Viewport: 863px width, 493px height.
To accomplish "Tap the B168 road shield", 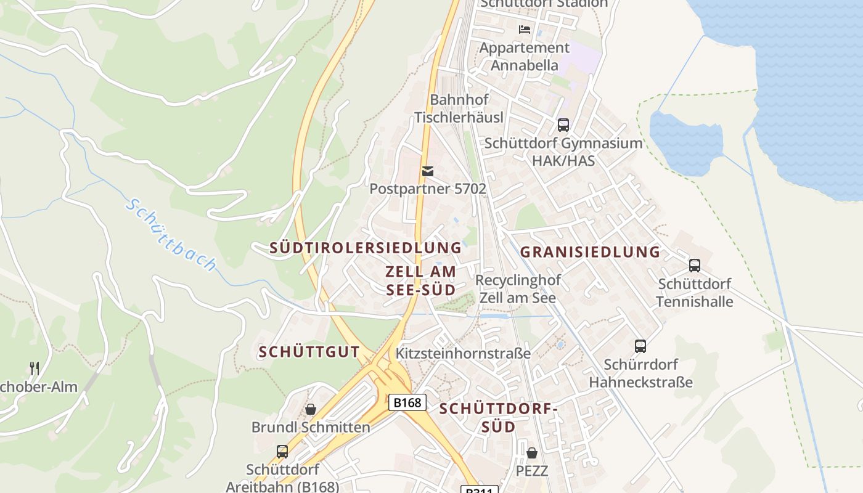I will [407, 402].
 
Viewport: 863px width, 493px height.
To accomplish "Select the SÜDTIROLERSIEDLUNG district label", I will [366, 248].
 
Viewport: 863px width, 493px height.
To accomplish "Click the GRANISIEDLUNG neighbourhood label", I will [590, 251].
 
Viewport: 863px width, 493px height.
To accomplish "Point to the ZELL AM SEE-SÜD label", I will [421, 280].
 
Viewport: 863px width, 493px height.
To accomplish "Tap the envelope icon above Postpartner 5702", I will [427, 171].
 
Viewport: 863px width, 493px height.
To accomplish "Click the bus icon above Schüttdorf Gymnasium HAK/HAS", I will [563, 125].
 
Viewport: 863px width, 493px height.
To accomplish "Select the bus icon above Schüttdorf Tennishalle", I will [695, 266].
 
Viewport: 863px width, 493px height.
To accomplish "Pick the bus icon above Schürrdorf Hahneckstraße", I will [640, 346].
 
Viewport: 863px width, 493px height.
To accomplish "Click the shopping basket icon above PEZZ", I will [532, 454].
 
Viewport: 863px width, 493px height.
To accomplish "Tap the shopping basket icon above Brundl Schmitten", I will [311, 409].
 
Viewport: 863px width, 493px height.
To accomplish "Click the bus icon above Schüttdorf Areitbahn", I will [282, 452].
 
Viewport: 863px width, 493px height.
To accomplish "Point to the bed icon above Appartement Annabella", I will [525, 29].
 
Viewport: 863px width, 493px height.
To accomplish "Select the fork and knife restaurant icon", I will [35, 369].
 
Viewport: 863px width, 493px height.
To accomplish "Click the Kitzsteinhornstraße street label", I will [463, 353].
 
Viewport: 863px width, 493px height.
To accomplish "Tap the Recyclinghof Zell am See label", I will [518, 289].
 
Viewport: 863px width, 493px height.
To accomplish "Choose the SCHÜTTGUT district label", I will [309, 352].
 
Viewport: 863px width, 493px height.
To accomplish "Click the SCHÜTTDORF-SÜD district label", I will [498, 417].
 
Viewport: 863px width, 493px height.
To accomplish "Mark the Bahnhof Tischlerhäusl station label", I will [459, 108].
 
